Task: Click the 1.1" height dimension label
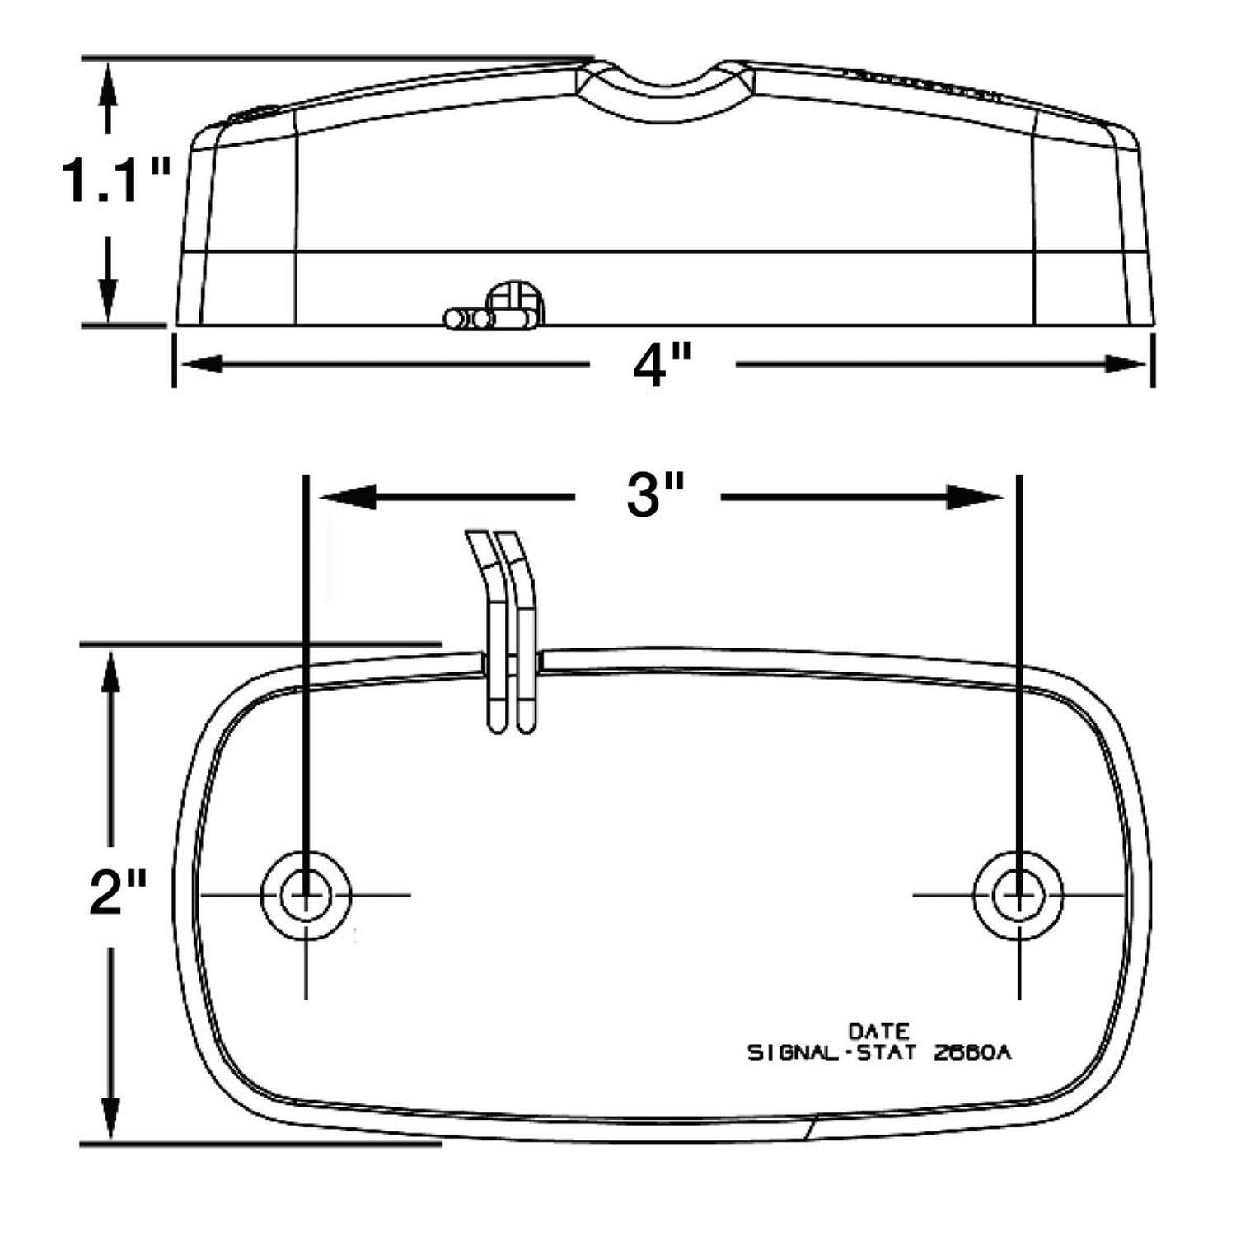point(115,181)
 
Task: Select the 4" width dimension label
point(661,365)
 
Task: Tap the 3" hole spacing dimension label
point(655,497)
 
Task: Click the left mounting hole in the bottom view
point(306,894)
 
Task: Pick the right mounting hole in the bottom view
point(1019,894)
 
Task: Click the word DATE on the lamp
point(879,1031)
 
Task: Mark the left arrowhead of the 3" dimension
point(346,497)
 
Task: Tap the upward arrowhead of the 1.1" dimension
point(108,82)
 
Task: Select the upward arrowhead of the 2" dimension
point(110,672)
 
